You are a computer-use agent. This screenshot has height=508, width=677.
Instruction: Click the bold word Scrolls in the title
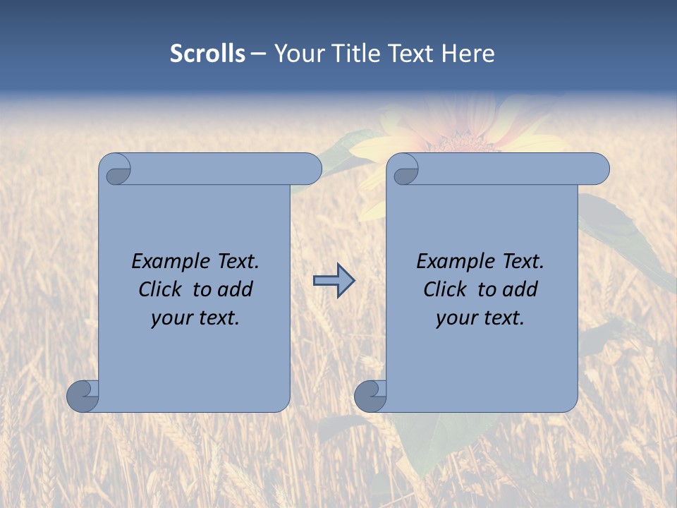pos(207,54)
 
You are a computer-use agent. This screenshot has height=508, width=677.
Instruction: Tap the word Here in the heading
pos(468,54)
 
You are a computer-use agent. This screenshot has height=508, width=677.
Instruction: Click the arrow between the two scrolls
pos(334,280)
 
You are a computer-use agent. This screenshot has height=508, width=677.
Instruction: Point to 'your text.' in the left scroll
pos(195,317)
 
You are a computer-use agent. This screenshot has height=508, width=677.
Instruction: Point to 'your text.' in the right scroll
pos(480,317)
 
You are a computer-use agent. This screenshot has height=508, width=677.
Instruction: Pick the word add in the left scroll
pos(236,289)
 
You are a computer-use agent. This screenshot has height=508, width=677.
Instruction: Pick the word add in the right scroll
pos(520,289)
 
